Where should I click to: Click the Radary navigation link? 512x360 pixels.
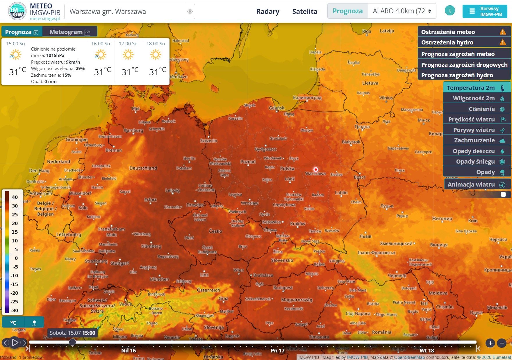click(x=267, y=12)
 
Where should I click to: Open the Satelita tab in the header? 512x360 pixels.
click(x=305, y=12)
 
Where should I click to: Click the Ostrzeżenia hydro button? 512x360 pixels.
click(x=464, y=42)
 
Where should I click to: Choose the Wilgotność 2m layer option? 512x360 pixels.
click(x=477, y=98)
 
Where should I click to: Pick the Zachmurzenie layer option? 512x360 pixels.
click(x=477, y=140)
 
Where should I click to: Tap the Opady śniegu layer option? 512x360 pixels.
click(x=477, y=162)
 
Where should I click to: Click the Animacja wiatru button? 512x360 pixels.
click(x=477, y=185)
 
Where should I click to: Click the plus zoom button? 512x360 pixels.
click(x=490, y=343)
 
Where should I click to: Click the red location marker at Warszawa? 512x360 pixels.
click(x=316, y=169)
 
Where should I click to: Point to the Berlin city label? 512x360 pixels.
click(x=189, y=158)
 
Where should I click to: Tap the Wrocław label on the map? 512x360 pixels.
click(x=249, y=203)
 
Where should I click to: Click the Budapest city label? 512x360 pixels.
click(x=283, y=288)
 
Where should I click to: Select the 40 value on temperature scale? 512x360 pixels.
click(x=15, y=197)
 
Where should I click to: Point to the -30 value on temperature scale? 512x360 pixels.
click(x=14, y=310)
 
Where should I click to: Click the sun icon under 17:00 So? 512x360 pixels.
click(x=128, y=55)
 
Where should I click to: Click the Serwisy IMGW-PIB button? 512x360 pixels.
click(x=485, y=12)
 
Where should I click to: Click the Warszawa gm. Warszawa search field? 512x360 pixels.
click(x=125, y=12)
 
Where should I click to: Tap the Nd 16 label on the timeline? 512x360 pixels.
click(x=129, y=350)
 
